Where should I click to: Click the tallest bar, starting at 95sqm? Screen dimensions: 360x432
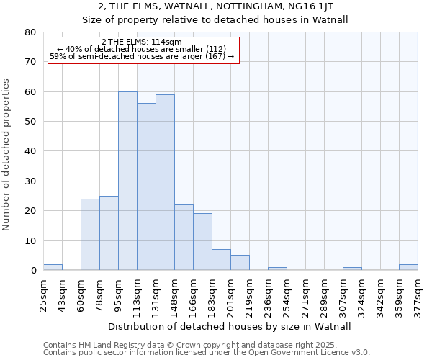[127, 181]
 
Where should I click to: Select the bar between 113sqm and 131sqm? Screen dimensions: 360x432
[146, 186]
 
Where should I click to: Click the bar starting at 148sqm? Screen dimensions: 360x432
[184, 238]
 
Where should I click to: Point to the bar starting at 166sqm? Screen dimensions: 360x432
[202, 242]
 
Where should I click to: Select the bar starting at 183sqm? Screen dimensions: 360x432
[221, 260]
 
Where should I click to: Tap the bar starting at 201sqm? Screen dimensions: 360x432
[240, 263]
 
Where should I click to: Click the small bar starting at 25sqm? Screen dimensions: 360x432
[53, 267]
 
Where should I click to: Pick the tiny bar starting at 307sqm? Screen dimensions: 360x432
[352, 269]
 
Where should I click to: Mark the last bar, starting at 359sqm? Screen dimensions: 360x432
[408, 267]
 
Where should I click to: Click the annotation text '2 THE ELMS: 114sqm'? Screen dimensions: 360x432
[142, 42]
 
